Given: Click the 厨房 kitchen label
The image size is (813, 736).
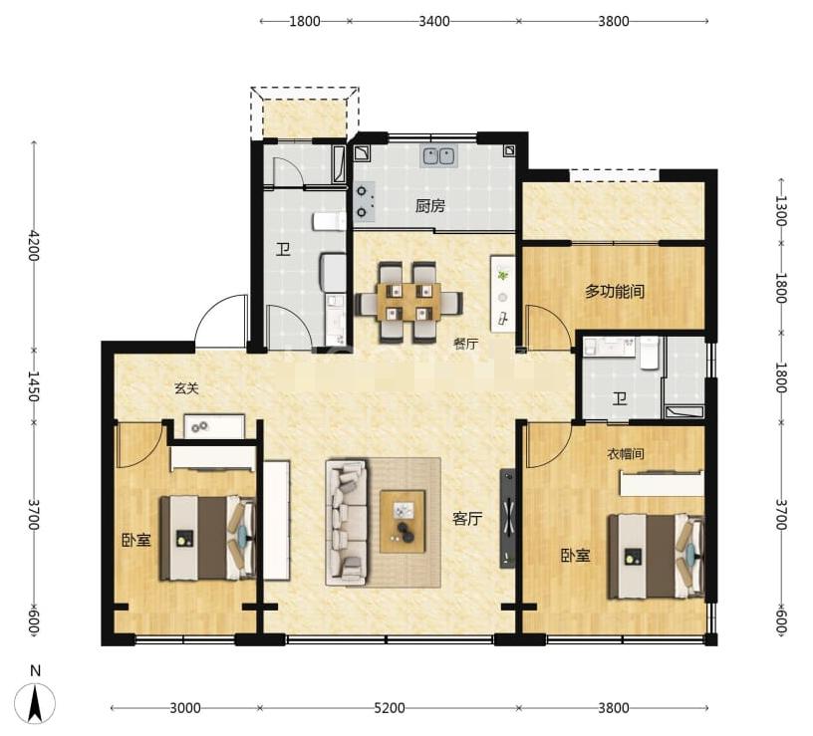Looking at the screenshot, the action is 429,206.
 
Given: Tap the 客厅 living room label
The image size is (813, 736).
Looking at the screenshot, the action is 467,518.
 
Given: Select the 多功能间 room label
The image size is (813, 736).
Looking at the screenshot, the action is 615,291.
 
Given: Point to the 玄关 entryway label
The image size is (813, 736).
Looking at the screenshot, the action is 186,387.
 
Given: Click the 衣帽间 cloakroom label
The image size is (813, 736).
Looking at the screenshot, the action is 626,454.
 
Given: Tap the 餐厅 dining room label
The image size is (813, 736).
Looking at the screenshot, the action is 465,344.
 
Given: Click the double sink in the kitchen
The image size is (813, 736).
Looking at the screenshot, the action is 439,155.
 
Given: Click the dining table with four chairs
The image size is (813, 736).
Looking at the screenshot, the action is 409,303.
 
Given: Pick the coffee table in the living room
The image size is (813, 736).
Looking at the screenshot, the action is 403,522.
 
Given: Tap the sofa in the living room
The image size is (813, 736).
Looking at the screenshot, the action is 348,522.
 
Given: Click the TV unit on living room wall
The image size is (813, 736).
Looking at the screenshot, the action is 507,518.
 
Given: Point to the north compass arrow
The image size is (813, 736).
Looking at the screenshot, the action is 35,703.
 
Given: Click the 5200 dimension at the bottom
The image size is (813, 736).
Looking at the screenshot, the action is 390,708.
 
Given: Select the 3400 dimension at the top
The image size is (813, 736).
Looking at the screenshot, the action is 434,21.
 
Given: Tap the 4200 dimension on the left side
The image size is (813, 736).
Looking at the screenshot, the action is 34,245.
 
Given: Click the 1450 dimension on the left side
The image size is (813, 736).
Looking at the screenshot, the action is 34,386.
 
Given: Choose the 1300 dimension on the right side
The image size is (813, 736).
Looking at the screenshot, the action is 781,210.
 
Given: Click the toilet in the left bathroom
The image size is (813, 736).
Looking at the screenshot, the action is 329,221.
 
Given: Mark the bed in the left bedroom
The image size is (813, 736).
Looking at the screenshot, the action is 207,538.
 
